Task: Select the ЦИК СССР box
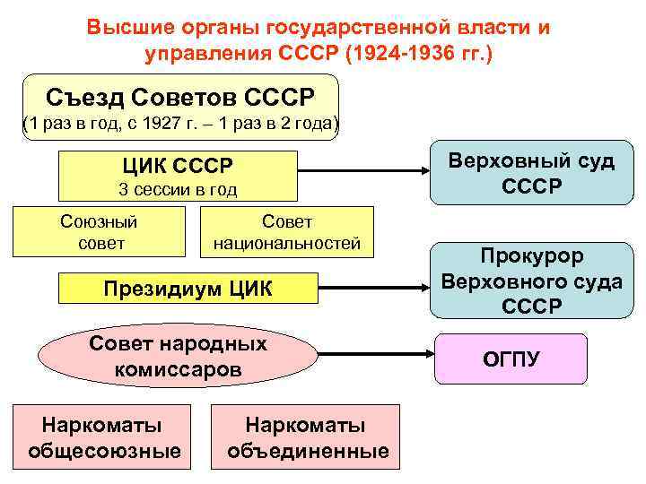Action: (178, 176)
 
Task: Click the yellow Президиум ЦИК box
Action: (188, 289)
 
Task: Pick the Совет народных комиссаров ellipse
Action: (178, 357)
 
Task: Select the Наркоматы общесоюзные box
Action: (104, 436)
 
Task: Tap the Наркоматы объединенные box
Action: (306, 436)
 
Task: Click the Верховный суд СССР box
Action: (531, 173)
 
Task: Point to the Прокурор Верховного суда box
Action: (531, 281)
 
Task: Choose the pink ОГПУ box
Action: (511, 359)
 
